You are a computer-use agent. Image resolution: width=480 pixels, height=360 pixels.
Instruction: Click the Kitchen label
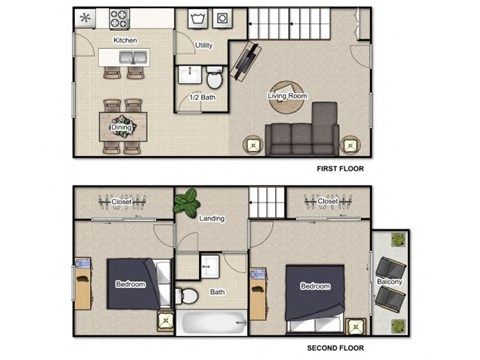pos(125,40)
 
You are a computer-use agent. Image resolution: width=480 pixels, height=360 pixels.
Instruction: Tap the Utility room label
pos(203,46)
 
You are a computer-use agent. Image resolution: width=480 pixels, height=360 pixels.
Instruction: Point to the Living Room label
pos(287,96)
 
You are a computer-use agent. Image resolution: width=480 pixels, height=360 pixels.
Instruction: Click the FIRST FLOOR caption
pos(339,169)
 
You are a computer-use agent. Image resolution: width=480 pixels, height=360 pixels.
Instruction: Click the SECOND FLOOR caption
pos(336,348)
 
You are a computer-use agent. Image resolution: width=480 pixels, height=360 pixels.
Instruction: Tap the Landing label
pos(212,219)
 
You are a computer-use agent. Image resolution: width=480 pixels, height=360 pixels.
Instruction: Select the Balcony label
pos(390,282)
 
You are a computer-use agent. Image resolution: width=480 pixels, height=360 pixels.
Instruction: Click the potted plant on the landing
pos(186,204)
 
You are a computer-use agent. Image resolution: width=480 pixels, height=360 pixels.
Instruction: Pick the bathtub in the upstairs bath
pos(212,323)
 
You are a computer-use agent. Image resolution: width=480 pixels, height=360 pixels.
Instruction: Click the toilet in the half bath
pos(215,79)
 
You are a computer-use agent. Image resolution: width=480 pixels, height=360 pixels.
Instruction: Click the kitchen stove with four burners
pos(120,18)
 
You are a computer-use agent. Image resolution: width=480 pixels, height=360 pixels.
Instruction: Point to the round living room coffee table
pos(287,96)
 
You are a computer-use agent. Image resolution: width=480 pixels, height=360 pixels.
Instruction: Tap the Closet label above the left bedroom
pos(122,202)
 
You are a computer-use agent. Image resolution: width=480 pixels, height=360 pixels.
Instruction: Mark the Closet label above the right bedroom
pos(328,202)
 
